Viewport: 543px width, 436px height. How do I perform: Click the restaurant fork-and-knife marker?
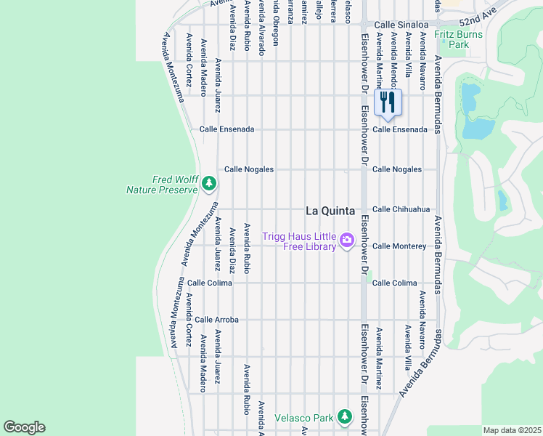tap(387, 102)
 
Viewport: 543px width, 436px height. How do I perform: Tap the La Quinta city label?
tap(330, 211)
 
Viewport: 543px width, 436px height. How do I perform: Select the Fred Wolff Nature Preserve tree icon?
tap(209, 182)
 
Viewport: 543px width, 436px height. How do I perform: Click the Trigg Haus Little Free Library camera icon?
tap(347, 239)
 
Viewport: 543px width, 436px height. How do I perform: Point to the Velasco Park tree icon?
tap(345, 417)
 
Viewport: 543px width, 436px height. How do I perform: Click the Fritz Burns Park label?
tap(452, 39)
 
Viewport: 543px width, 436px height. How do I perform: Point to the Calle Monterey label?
tap(399, 246)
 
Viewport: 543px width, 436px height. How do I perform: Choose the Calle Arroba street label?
tap(216, 320)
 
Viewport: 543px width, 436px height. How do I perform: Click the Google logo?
tap(24, 427)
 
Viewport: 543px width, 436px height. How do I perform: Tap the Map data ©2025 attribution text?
tap(511, 430)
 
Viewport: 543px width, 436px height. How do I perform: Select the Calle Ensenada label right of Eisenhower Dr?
tap(400, 129)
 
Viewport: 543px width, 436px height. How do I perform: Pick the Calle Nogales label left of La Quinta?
tap(249, 169)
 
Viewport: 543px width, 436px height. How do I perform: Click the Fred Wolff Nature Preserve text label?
tap(162, 185)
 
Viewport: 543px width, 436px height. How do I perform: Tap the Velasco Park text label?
tap(303, 418)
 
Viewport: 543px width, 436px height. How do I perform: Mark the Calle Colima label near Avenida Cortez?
tap(210, 283)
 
